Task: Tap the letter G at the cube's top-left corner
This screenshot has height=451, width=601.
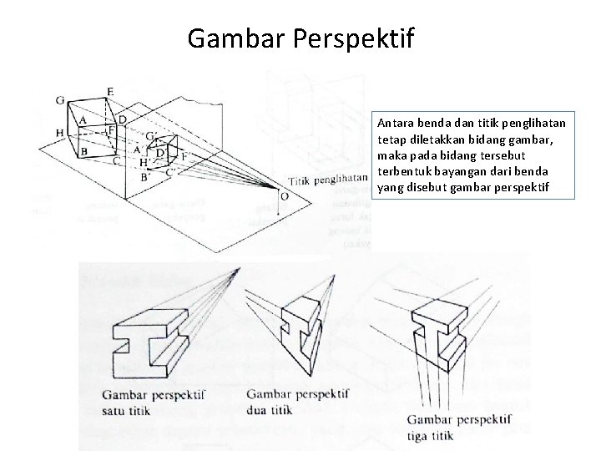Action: tap(60, 101)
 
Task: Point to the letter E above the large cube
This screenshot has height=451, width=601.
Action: tap(110, 91)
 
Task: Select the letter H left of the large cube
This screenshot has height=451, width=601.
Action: tap(59, 132)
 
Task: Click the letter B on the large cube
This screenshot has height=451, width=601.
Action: tap(83, 152)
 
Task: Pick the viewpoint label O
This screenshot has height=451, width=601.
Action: tap(285, 196)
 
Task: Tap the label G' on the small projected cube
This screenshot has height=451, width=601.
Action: tap(151, 135)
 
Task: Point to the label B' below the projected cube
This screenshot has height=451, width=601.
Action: tap(144, 177)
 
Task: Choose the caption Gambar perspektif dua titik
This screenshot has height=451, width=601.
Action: tap(298, 402)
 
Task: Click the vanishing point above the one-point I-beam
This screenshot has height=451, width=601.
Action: tap(239, 268)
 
